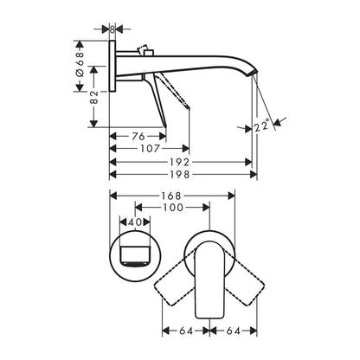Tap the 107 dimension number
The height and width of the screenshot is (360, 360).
coord(150,149)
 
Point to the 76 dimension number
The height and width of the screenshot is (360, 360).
coord(138,136)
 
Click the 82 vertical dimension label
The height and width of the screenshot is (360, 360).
coord(94,97)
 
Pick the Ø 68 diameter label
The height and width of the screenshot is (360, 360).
coord(80,64)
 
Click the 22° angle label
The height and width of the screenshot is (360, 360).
coord(262,125)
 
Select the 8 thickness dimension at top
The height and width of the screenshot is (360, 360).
coord(112,29)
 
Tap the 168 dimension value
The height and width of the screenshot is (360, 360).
coord(171,196)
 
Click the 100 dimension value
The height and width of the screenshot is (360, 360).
coord(173,208)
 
